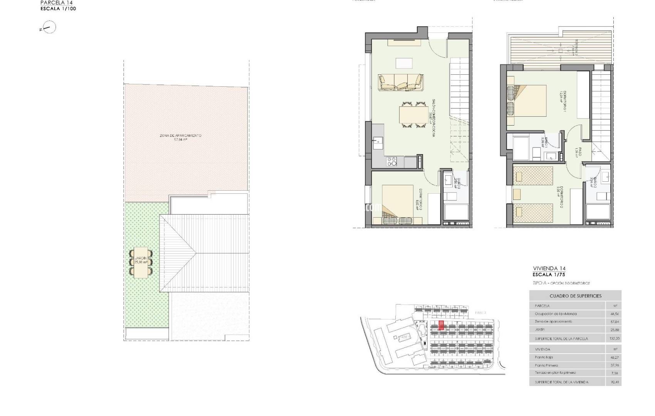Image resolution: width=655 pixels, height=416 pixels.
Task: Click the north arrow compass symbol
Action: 49,28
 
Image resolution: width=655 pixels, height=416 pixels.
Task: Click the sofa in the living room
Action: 400,82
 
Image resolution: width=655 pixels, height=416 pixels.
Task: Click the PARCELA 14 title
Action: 54,2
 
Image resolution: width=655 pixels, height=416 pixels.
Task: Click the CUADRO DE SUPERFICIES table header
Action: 575,296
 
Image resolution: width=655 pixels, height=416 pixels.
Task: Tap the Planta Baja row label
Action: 544,357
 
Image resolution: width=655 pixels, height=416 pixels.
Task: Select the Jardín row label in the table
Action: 540,329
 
